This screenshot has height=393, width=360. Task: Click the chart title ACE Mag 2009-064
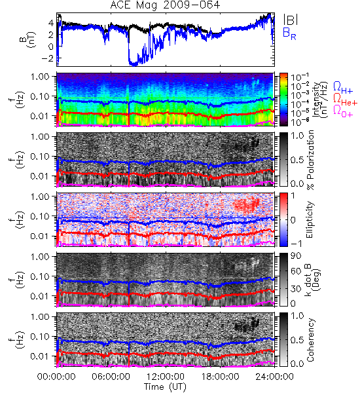[165, 5]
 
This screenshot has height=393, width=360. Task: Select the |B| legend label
[291, 20]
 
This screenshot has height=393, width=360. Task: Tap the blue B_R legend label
[289, 33]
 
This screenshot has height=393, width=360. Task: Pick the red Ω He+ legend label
[345, 100]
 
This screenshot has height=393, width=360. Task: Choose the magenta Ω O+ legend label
[343, 111]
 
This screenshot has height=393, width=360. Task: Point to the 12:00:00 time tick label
[166, 377]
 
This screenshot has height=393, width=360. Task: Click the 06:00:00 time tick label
[111, 377]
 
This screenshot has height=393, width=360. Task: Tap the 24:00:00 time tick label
[274, 377]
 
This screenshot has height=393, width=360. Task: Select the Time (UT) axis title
[165, 386]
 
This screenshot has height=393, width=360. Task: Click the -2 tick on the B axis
[48, 58]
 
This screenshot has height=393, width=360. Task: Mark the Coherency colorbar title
[310, 340]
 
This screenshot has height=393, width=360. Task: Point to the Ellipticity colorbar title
[310, 219]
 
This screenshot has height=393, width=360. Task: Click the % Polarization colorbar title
[310, 160]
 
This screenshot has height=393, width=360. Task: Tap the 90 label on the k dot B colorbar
[296, 255]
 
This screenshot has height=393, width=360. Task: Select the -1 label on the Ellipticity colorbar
[296, 244]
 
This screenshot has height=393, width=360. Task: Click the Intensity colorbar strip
[283, 100]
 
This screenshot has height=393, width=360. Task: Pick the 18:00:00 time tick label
[220, 377]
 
